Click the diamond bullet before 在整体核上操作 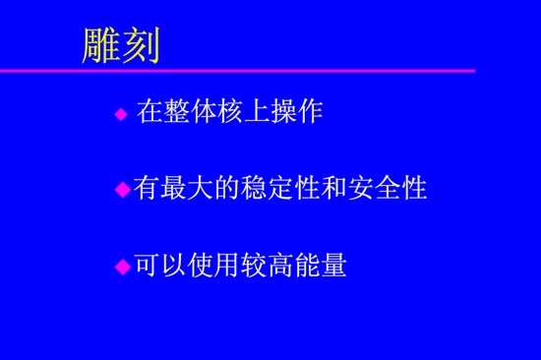121,114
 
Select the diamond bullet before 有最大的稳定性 123,189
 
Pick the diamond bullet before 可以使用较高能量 123,266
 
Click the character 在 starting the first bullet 149,112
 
